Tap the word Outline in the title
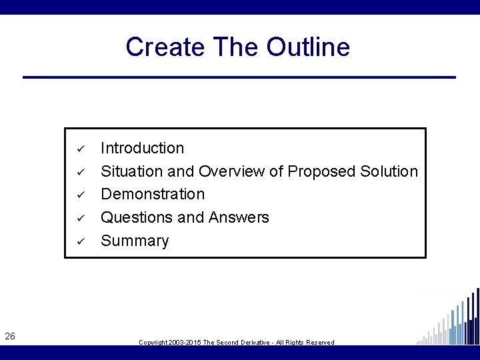(308, 47)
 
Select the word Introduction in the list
(142, 148)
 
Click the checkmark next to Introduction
(78, 148)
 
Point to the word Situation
(131, 171)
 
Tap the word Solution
(389, 171)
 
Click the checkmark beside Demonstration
(78, 195)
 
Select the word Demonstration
(153, 194)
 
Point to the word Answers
(239, 217)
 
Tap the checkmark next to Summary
(78, 241)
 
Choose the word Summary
(135, 241)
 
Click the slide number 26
(10, 337)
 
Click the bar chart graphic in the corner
(448, 318)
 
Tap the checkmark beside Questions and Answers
(78, 218)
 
